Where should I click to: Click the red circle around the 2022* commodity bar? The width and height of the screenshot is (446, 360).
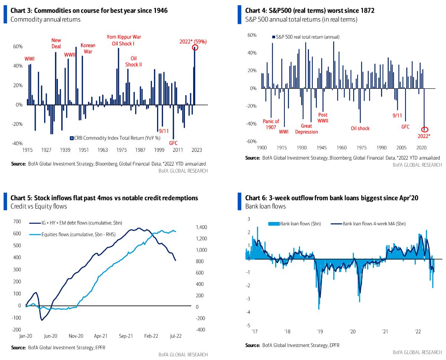point(195,48)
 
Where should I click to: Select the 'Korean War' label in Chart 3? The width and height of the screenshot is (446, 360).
point(88,48)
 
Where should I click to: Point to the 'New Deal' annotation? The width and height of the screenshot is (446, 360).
point(56,43)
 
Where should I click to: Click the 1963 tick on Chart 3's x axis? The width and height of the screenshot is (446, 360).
point(102,150)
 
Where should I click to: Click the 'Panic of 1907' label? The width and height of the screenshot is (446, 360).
point(271,124)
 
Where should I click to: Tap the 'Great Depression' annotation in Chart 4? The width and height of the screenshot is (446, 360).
point(307,129)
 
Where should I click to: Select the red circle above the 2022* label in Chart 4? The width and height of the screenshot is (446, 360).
point(425,130)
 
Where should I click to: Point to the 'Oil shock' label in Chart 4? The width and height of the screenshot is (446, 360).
point(360,128)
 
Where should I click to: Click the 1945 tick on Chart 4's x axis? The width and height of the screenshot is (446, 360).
point(322,148)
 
